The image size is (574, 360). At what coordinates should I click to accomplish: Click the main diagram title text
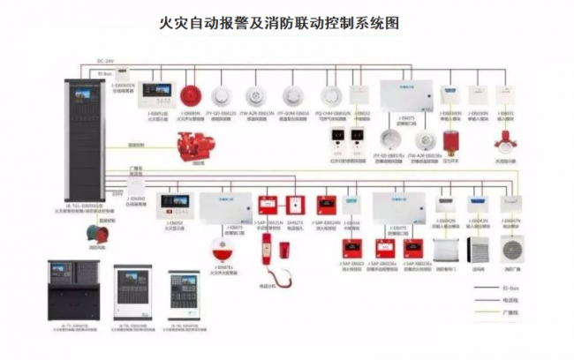[281, 24]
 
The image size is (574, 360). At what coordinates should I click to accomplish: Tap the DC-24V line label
[105, 61]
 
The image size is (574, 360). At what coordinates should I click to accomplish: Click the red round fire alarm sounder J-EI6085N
[191, 94]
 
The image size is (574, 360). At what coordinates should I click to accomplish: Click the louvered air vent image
[480, 246]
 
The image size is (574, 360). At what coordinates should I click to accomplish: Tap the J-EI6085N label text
[191, 113]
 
